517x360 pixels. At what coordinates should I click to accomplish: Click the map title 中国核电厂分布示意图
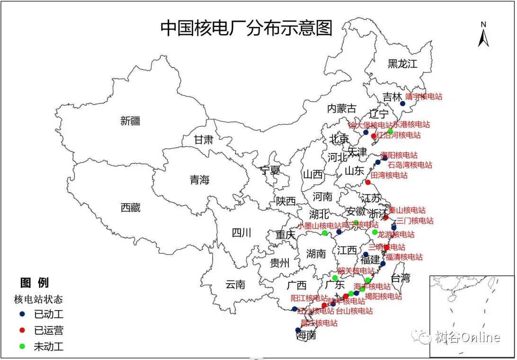246,28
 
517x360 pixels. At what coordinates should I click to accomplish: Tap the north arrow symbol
483,35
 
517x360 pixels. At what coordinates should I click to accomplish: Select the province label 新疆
130,121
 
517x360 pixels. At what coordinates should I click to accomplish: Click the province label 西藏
130,207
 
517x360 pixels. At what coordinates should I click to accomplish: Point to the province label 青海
199,180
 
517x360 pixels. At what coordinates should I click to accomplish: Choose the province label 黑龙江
402,64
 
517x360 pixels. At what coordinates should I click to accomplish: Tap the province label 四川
241,233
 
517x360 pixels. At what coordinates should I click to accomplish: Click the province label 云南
235,285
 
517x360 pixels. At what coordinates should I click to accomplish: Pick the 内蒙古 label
342,108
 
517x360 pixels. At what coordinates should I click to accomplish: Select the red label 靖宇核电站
424,97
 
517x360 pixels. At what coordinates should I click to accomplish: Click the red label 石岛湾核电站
410,165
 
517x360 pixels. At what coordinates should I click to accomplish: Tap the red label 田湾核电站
389,175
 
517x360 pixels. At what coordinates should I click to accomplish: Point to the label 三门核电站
415,221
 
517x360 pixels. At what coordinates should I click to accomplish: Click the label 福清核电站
404,257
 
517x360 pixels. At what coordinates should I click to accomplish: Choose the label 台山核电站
354,311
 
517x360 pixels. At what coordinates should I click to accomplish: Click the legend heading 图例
34,283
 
